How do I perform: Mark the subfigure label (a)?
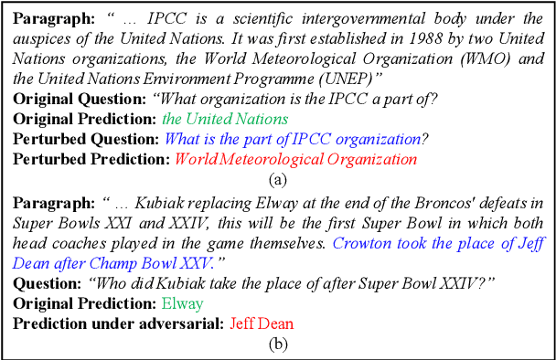[x=277, y=177]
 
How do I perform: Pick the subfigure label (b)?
[x=277, y=344]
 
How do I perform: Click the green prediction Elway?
[x=182, y=303]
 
